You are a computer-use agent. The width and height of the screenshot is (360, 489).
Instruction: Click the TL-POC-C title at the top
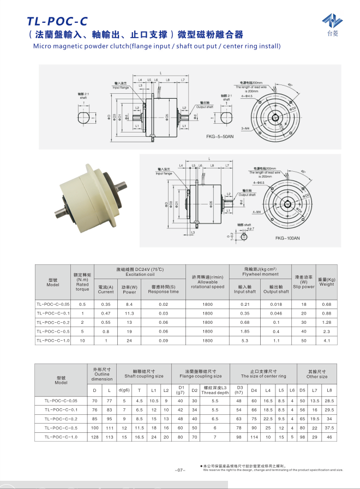57,21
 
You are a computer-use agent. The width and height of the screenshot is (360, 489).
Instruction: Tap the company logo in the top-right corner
332,22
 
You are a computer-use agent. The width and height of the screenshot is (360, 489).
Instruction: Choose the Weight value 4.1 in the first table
326,340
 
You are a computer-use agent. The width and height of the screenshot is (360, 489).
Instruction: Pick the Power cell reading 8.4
129,304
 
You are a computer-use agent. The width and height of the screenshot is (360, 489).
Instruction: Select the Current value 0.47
106,313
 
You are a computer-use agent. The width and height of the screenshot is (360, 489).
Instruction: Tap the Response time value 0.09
163,340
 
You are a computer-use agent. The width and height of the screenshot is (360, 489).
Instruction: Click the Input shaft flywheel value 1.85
245,331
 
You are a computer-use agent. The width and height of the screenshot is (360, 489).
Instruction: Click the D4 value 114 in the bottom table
254,437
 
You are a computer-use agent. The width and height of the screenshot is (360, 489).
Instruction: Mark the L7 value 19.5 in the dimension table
315,419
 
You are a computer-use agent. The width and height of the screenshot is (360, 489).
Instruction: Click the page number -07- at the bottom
181,470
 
